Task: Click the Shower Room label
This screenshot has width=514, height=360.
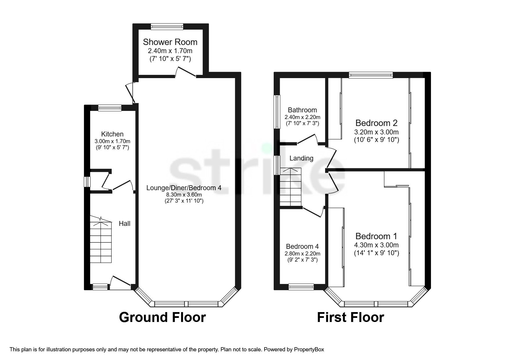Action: tap(170, 42)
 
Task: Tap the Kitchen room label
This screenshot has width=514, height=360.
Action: tap(112, 134)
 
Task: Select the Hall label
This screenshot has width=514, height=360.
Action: tap(125, 224)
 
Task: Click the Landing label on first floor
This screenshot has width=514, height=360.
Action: tap(301, 158)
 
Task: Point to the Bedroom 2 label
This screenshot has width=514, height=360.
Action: tap(376, 123)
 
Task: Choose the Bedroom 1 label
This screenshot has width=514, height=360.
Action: tap(376, 236)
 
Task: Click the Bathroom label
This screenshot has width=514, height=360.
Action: tap(302, 110)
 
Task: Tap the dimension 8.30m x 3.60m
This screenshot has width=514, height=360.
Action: tap(184, 195)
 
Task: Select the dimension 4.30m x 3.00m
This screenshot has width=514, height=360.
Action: tap(376, 245)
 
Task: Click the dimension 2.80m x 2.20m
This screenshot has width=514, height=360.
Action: tap(302, 253)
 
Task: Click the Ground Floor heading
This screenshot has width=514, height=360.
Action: tap(162, 317)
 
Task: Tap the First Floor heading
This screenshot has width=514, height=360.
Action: tap(350, 317)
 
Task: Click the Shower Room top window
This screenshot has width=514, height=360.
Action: tap(167, 26)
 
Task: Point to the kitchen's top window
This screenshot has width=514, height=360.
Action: tap(109, 108)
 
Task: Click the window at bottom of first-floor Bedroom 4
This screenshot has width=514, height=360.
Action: tap(301, 287)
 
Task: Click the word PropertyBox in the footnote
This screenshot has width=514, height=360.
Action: tap(309, 350)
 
